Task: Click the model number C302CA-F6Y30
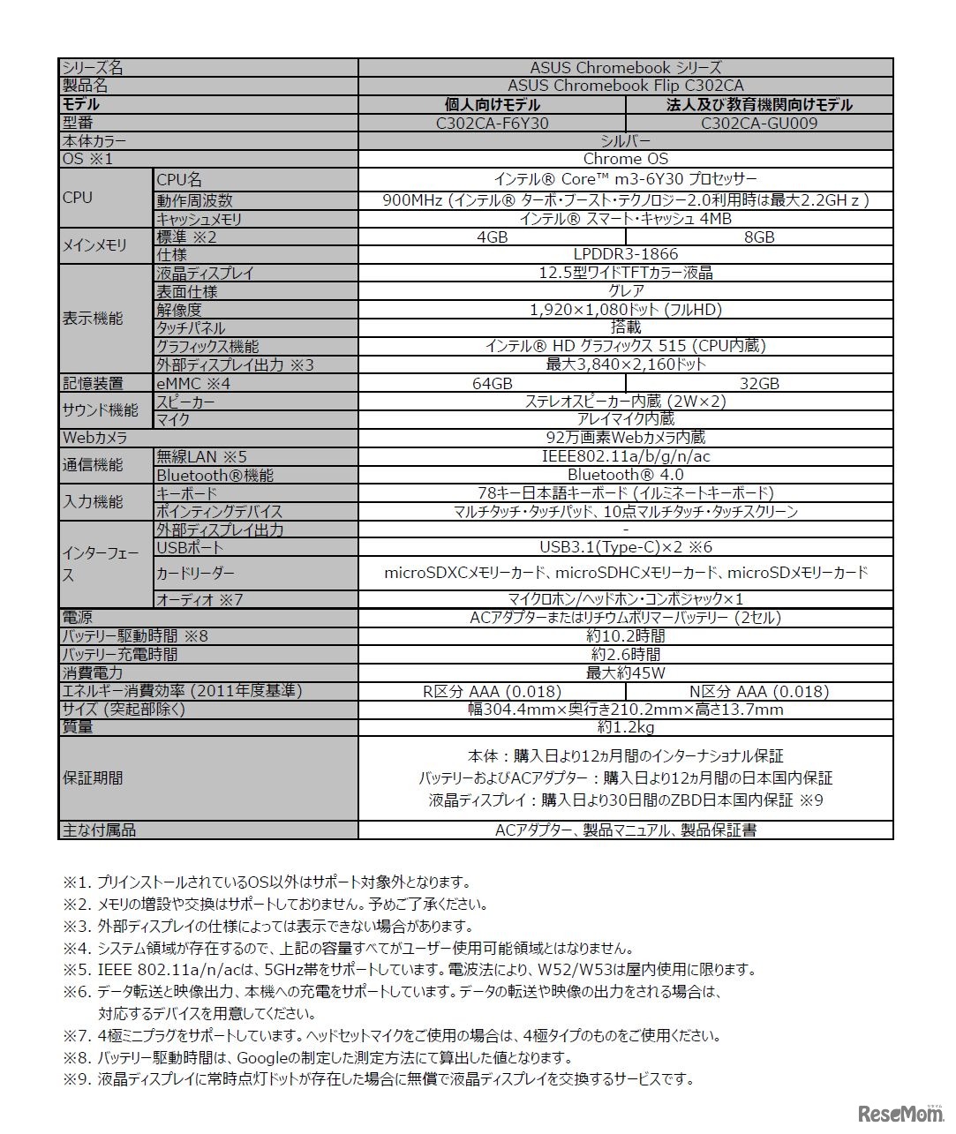[492, 123]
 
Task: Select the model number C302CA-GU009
[759, 123]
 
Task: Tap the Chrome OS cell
[625, 159]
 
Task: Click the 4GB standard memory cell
[492, 237]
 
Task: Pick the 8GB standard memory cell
[759, 237]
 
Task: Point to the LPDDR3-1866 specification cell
[625, 254]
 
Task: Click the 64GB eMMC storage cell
[492, 383]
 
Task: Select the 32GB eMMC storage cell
[759, 383]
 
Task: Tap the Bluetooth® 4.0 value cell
[625, 475]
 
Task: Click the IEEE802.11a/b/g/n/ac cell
[625, 456]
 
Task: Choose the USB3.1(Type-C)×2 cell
[625, 547]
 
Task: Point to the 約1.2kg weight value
[625, 727]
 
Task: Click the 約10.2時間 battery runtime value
[625, 635]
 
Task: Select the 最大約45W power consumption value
[625, 672]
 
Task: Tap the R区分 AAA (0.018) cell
[492, 691]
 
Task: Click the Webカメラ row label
[94, 438]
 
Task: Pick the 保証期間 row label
[93, 778]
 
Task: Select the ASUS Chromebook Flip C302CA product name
[625, 86]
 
